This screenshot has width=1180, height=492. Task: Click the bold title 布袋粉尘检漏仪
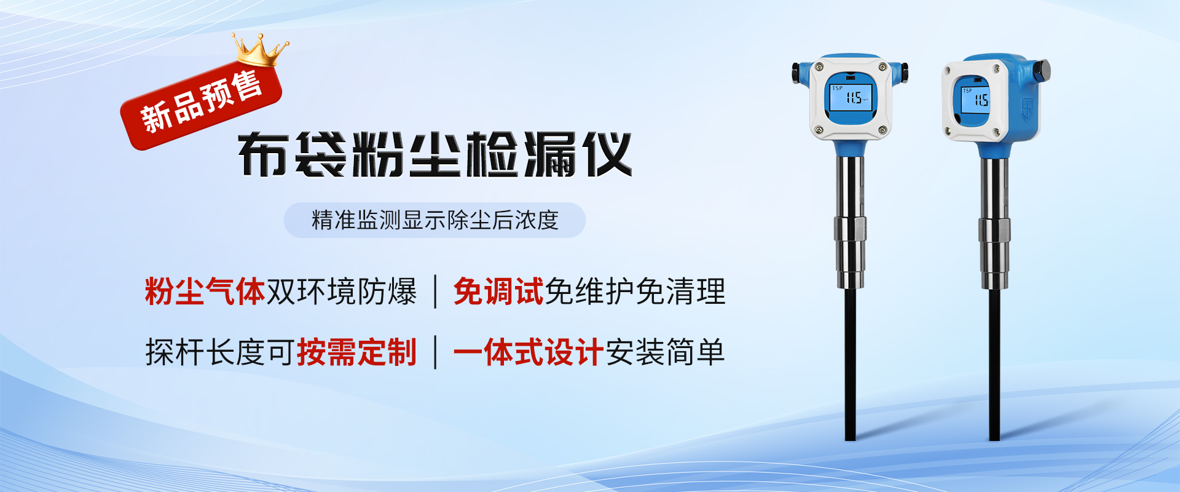pos(435,154)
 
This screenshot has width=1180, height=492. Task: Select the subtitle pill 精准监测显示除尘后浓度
pos(435,220)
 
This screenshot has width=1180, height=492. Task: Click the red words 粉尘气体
pos(205,291)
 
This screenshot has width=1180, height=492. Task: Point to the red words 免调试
pos(498,291)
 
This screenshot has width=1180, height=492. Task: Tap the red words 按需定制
pos(357,352)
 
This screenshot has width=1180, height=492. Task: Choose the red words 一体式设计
pos(529,352)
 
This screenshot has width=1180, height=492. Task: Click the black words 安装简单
pos(665,352)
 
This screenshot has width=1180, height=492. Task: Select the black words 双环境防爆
pos(342,291)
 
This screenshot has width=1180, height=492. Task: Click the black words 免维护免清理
pos(635,291)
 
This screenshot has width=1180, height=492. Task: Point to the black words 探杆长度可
pos(221,352)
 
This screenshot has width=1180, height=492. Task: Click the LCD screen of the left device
pos(851,97)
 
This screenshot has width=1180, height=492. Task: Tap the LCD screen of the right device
pos(975,99)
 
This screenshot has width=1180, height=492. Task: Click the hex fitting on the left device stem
pos(850,229)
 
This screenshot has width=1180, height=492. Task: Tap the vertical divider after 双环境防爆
pos(436,292)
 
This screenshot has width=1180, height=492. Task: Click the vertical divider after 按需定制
pos(436,352)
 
